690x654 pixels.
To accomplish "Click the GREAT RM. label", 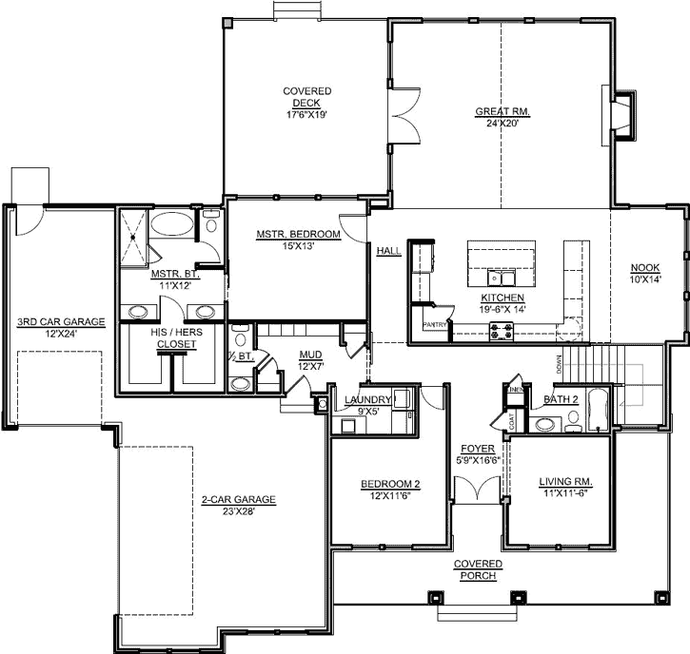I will click(x=502, y=111).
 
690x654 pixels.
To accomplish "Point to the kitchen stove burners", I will click(x=501, y=331).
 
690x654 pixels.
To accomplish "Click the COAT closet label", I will click(x=512, y=421).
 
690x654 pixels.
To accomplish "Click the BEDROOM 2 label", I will click(x=390, y=484).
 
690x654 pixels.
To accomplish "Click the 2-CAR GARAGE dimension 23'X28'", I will click(x=238, y=510).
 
